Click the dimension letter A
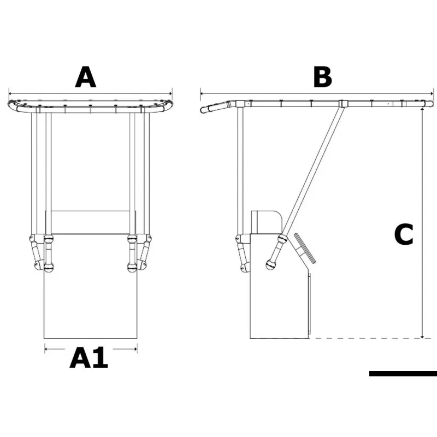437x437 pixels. (x=86, y=77)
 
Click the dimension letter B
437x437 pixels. (x=322, y=77)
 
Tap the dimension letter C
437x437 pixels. (x=404, y=234)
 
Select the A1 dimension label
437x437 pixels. (x=88, y=358)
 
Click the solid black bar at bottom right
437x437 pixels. (x=403, y=374)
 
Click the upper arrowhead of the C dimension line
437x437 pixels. (x=422, y=109)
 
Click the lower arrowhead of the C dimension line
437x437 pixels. (x=422, y=336)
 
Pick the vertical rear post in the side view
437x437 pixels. (x=240, y=170)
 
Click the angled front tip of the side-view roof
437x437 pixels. (x=202, y=110)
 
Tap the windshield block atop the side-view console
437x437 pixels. (x=267, y=222)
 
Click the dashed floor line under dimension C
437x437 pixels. (x=365, y=338)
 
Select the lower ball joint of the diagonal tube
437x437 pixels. (x=270, y=264)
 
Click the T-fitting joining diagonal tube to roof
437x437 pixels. (x=344, y=104)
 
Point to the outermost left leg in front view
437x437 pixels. (x=34, y=173)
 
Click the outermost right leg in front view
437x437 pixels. (x=147, y=173)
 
